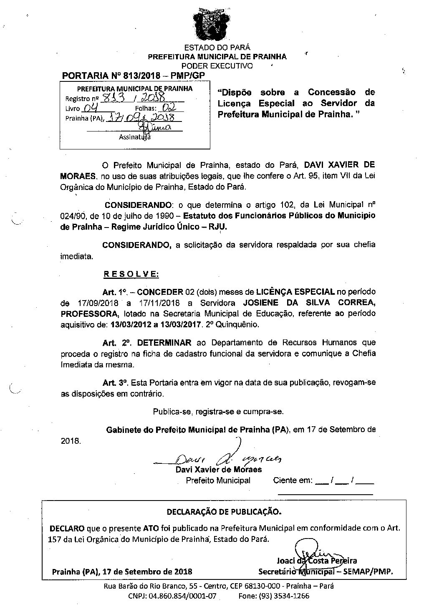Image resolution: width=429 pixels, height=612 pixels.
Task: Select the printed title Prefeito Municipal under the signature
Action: [218, 480]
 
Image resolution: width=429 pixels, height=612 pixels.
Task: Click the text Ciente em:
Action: [293, 480]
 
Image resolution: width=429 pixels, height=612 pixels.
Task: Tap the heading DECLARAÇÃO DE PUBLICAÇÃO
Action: [224, 511]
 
